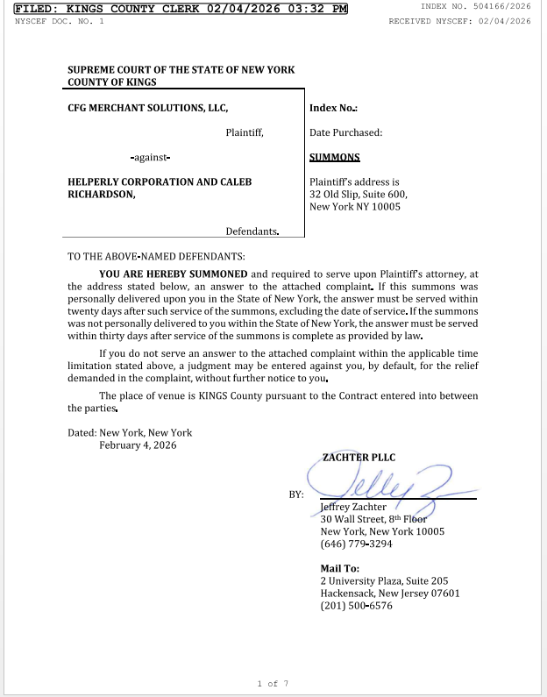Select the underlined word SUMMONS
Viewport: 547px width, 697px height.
point(335,158)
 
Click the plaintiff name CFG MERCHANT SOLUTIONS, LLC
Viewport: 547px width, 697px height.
point(148,108)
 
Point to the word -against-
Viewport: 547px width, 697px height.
point(150,158)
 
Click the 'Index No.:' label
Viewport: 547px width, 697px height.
point(333,108)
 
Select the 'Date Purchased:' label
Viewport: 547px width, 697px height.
point(345,132)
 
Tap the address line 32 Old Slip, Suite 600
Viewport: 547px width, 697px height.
point(359,195)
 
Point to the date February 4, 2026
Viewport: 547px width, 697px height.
point(138,445)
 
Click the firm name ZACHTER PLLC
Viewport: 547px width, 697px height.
point(359,458)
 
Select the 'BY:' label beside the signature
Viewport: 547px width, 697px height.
point(296,494)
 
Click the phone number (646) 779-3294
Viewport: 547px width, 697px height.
point(356,544)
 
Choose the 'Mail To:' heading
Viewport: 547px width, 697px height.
point(340,569)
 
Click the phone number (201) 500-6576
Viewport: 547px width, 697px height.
point(356,606)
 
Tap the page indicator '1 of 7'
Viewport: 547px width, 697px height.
point(273,683)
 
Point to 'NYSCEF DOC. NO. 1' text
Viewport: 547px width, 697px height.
point(59,20)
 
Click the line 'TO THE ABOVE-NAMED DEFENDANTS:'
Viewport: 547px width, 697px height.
point(157,257)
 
